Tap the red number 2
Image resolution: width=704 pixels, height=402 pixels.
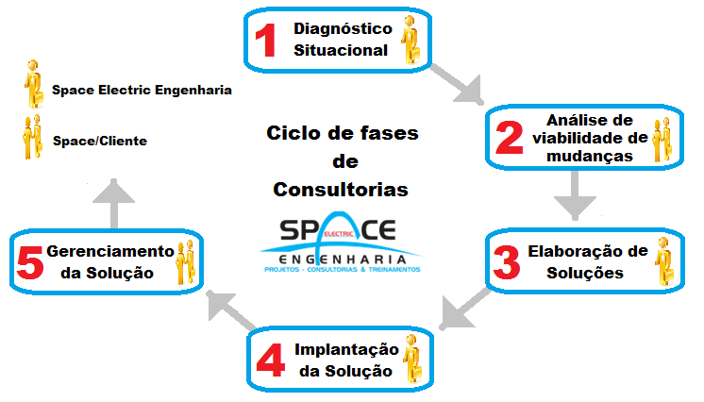point(509,138)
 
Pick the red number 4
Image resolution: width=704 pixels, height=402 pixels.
point(270,360)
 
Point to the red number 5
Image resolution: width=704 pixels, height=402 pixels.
point(29,263)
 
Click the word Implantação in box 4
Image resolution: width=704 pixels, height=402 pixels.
point(344,348)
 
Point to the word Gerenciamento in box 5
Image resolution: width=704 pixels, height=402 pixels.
point(110,251)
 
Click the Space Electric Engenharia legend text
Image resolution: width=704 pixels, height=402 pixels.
point(142,91)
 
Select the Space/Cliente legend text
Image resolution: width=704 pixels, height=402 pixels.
point(100,141)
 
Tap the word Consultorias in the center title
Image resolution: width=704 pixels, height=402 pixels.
point(341,190)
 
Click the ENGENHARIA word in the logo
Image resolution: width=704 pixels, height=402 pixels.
point(341,258)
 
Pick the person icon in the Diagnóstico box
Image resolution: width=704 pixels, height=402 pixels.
point(411,42)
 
